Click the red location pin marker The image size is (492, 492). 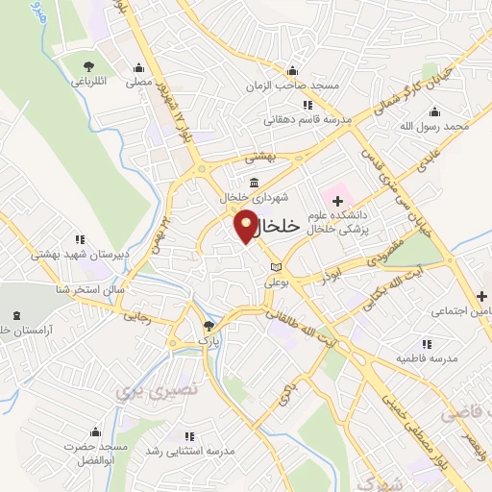[247, 225]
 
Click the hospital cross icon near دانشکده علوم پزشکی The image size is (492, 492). [337, 199]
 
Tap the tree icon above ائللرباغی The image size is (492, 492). [89, 65]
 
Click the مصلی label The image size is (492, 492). [140, 84]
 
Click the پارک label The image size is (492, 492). [209, 340]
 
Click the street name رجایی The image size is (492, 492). [135, 316]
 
